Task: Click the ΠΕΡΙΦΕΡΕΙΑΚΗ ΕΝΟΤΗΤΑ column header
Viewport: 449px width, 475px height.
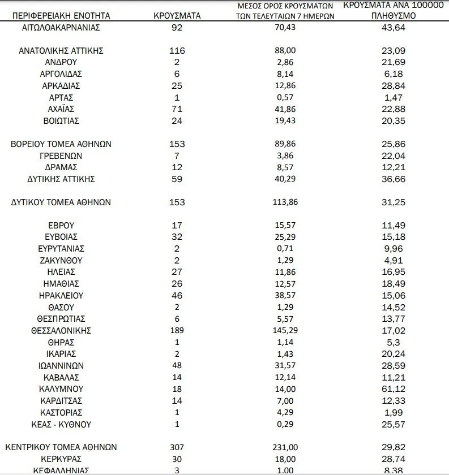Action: [x=62, y=16]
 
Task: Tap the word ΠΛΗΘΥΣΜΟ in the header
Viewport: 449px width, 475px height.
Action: [x=395, y=16]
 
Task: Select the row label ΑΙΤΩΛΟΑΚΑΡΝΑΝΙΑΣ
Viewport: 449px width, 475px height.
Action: [x=62, y=27]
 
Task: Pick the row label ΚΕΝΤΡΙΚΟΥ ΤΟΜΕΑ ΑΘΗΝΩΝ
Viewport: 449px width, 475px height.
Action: [x=61, y=447]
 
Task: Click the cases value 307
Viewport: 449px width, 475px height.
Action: [x=177, y=447]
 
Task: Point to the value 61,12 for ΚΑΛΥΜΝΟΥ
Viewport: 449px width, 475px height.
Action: [x=394, y=389]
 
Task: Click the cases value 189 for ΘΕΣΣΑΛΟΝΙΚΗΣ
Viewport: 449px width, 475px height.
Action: [x=177, y=331]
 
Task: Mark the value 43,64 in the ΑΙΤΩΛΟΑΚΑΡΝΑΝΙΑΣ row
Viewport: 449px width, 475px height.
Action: [x=394, y=27]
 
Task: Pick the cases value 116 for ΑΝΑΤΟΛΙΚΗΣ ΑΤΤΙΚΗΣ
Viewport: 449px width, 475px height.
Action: [x=177, y=51]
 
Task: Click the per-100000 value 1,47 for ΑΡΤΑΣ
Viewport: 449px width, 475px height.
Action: [x=394, y=97]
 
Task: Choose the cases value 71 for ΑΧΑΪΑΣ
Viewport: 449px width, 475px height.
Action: [x=177, y=109]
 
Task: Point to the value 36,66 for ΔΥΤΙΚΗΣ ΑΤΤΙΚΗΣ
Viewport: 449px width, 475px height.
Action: [x=394, y=179]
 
